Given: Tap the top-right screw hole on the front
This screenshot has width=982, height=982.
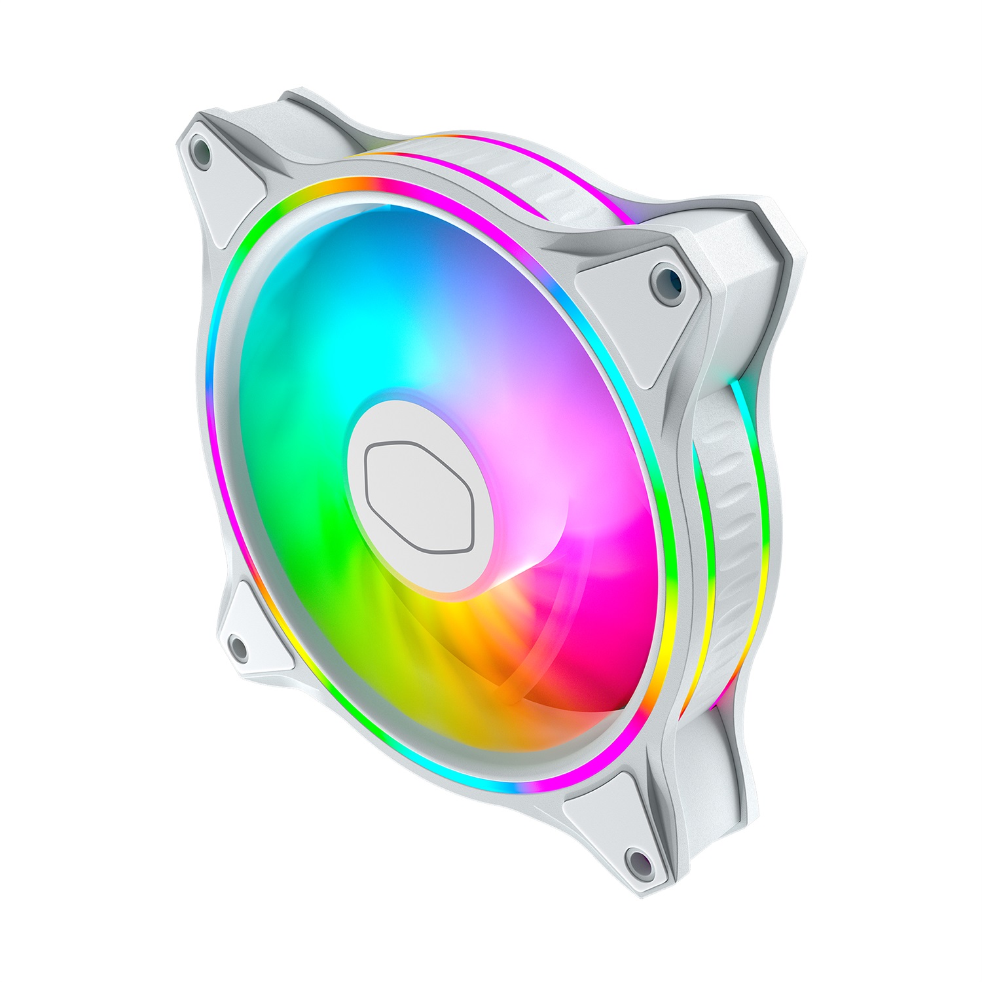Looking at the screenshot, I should [x=666, y=279].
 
